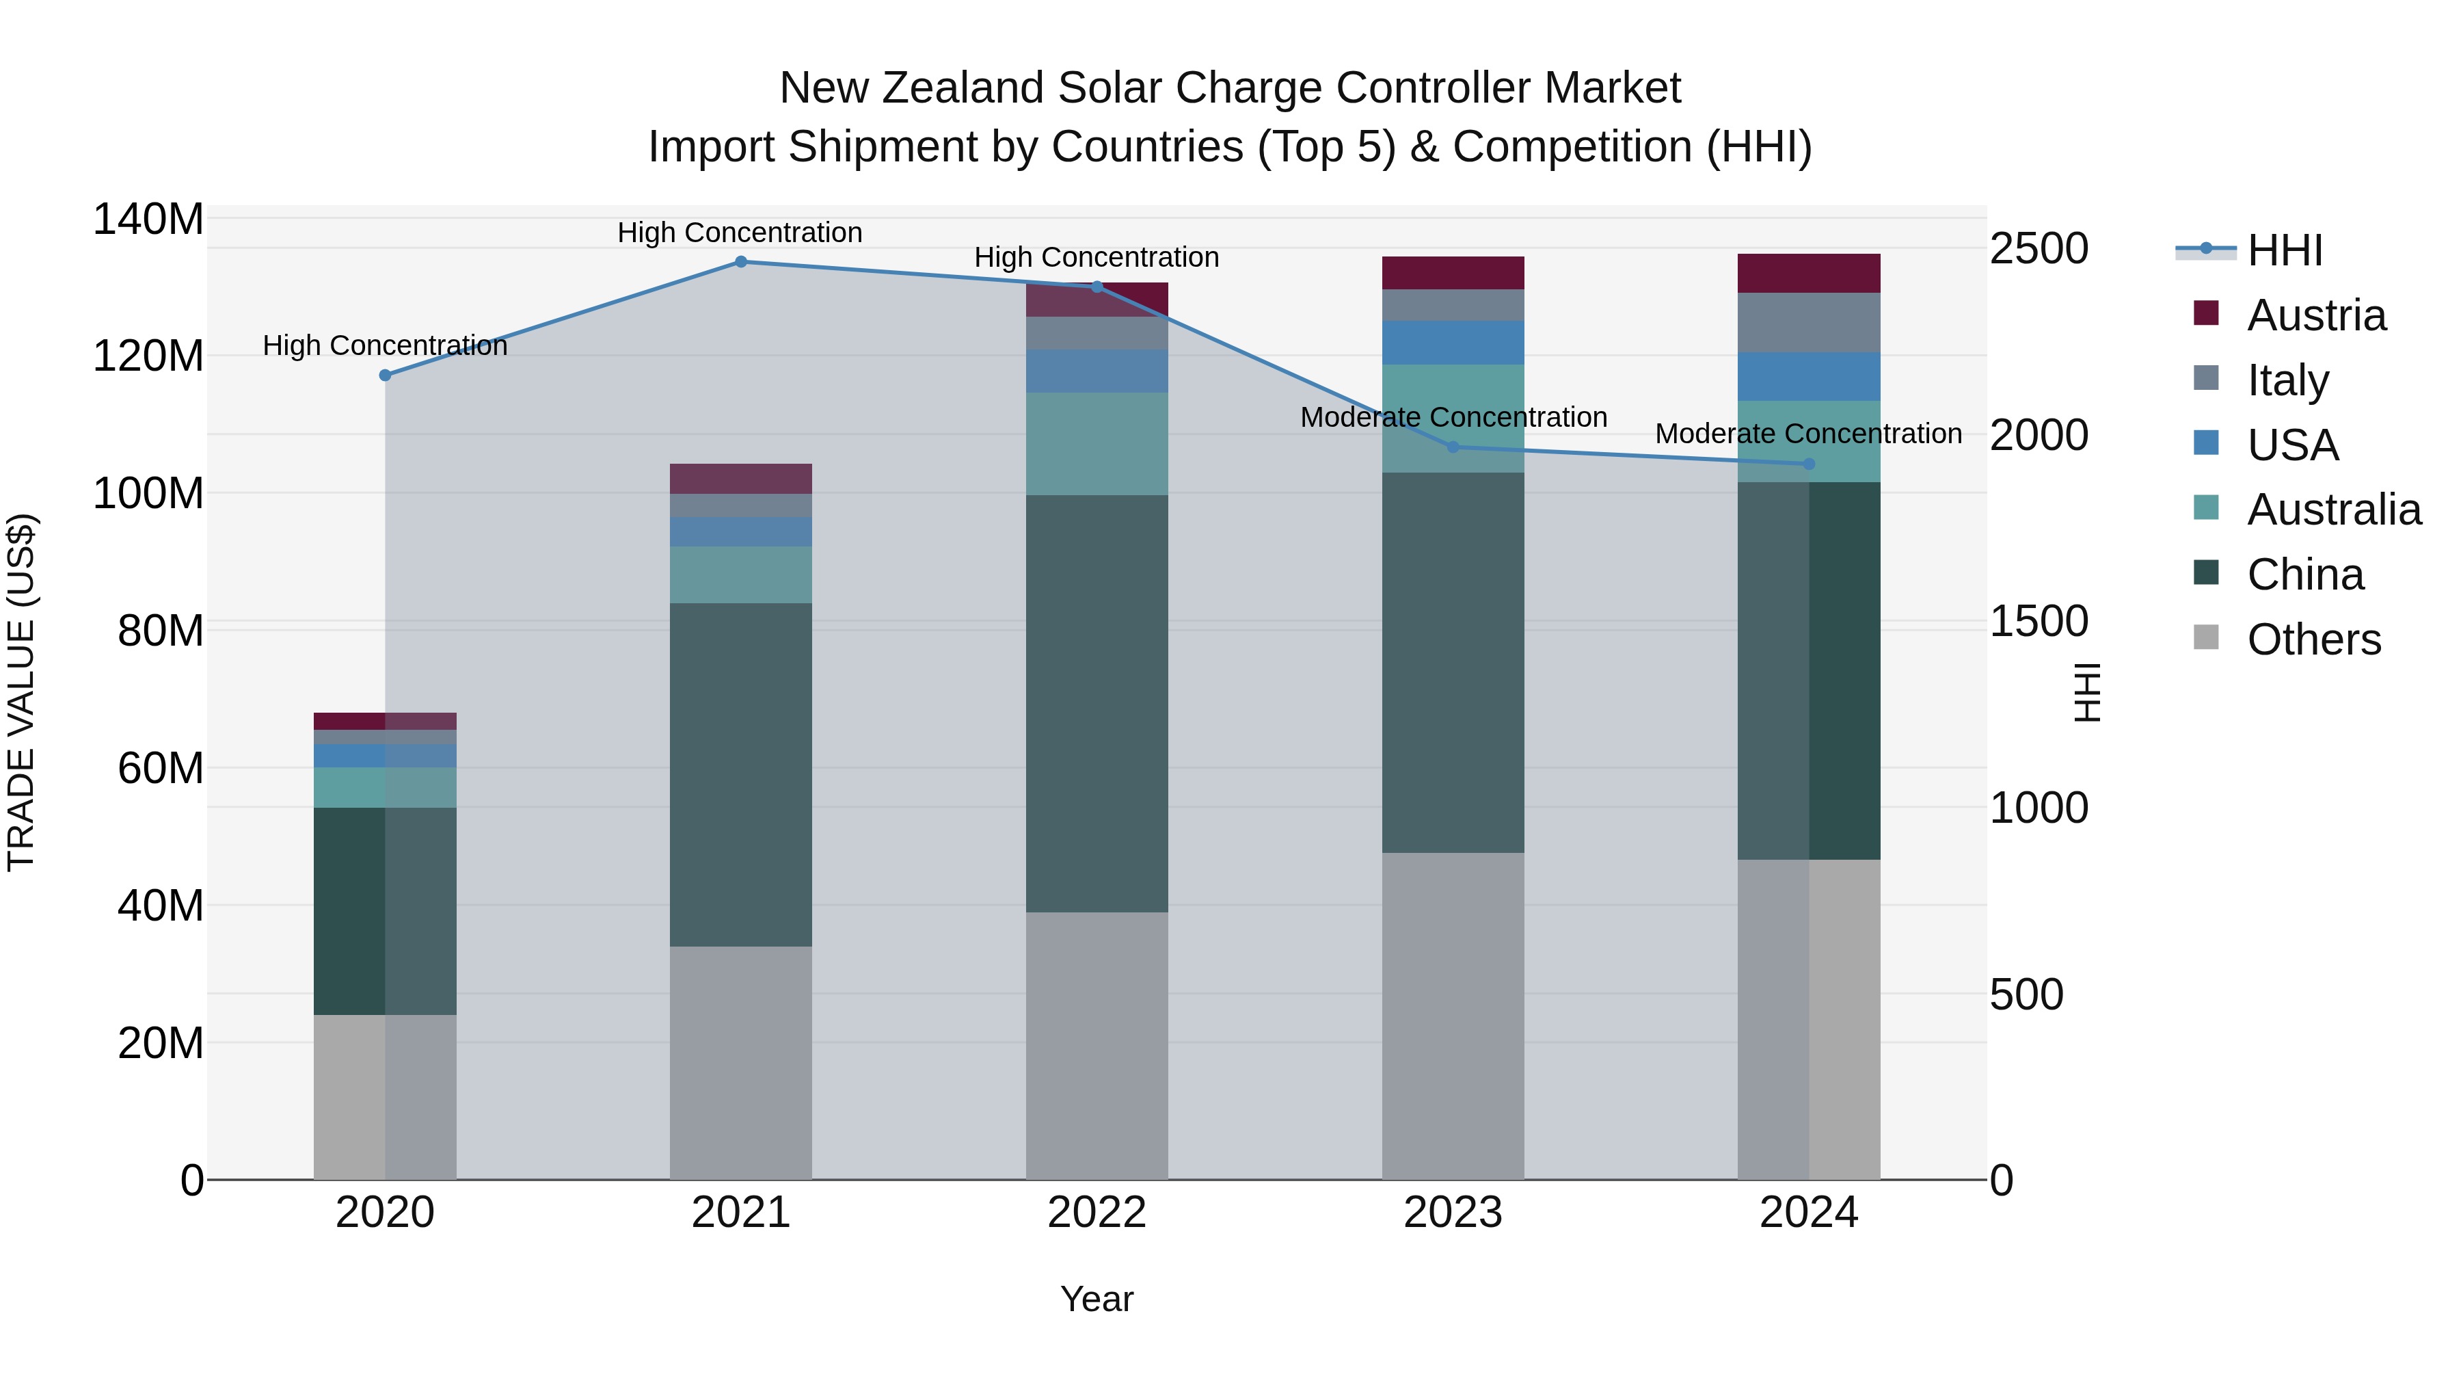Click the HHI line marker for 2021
tap(740, 262)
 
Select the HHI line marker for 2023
tap(1453, 447)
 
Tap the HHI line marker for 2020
tap(385, 375)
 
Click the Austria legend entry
tap(2316, 315)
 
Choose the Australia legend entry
tap(2333, 510)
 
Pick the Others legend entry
tap(2313, 639)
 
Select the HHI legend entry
tap(2284, 250)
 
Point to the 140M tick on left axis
tap(148, 220)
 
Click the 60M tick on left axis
tap(161, 769)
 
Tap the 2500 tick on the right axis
tap(2039, 250)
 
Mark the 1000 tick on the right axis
tap(2039, 808)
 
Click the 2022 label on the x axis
tap(1097, 1213)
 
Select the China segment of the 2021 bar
tap(740, 774)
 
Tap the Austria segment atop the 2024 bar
tap(1808, 274)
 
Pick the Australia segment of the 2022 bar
tap(1097, 443)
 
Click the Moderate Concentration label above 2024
tap(1808, 434)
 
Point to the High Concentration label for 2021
tap(740, 233)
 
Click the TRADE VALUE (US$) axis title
tap(22, 692)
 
